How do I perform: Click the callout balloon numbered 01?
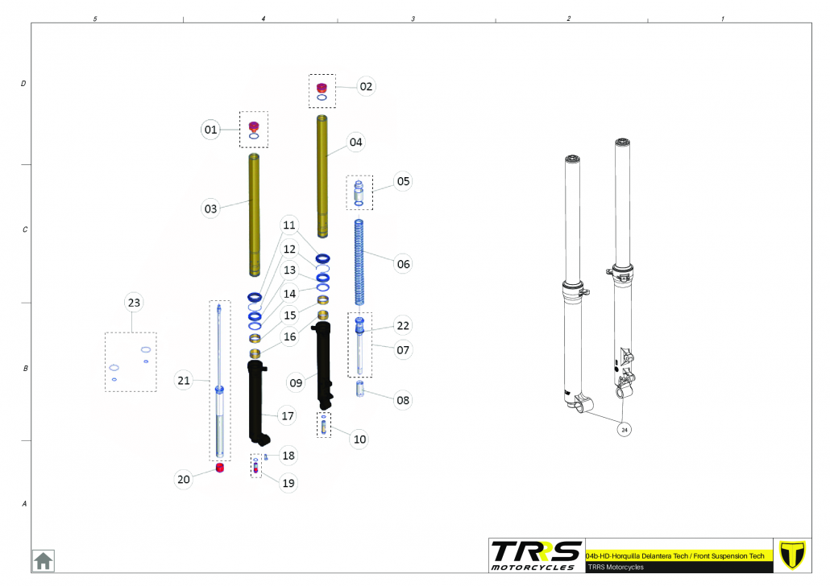click(x=210, y=130)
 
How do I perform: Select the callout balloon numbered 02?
click(x=366, y=86)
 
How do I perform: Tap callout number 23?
click(x=134, y=303)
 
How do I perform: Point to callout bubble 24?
click(x=625, y=430)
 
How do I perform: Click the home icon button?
click(x=44, y=561)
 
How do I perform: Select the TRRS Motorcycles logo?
click(x=536, y=555)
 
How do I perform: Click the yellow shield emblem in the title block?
click(x=792, y=555)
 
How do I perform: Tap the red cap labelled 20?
click(x=220, y=468)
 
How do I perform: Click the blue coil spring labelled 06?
click(x=359, y=262)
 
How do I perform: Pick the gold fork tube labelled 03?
click(x=254, y=215)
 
